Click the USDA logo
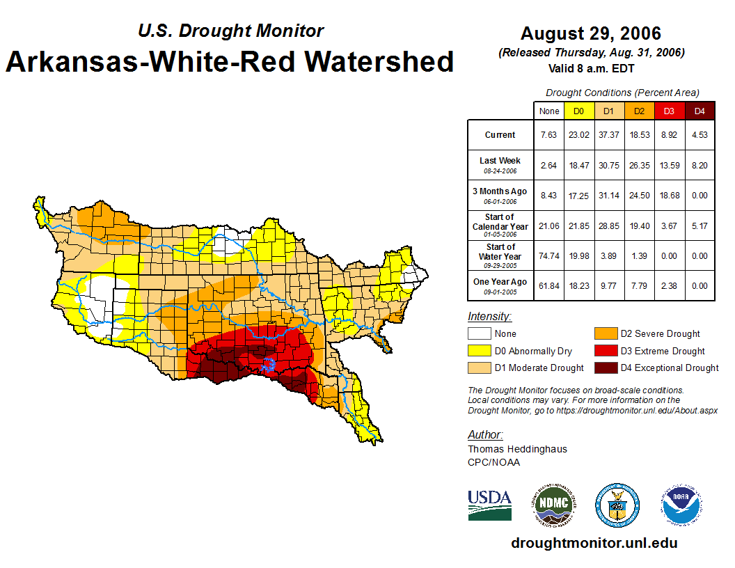(x=489, y=505)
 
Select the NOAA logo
(x=681, y=505)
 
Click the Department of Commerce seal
(x=617, y=505)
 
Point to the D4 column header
(x=700, y=111)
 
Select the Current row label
(x=500, y=135)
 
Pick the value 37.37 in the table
(x=609, y=135)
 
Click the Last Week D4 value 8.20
(x=700, y=165)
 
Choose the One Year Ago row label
(x=500, y=282)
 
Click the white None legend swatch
(x=479, y=334)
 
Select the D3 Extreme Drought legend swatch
(x=603, y=351)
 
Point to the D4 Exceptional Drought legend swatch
(x=603, y=368)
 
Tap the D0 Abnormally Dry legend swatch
(x=479, y=351)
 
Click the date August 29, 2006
(x=591, y=33)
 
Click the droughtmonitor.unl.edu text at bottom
(x=594, y=543)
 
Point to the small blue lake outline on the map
(x=269, y=365)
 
